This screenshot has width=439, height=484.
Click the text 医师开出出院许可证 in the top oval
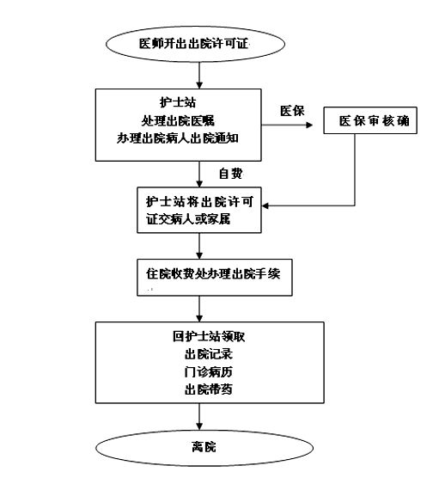point(194,44)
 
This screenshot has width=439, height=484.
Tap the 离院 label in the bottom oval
point(204,447)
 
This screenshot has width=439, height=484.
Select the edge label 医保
point(292,111)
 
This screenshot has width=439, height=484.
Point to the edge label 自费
point(230,174)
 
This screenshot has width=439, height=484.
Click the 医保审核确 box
point(370,120)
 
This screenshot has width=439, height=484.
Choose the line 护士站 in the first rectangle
point(178,102)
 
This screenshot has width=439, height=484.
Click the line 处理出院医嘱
point(178,120)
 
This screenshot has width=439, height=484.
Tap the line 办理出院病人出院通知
point(178,138)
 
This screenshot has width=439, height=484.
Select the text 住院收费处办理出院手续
point(213,273)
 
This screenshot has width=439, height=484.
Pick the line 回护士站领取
point(209,336)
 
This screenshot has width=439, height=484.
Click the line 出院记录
point(209,354)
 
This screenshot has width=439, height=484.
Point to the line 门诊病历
point(209,372)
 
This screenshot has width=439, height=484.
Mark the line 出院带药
point(209,389)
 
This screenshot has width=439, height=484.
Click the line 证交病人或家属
point(188,219)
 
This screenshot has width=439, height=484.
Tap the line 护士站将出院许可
point(199,202)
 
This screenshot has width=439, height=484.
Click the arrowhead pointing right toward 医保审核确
point(309,125)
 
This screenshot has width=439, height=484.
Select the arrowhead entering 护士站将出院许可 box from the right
point(265,205)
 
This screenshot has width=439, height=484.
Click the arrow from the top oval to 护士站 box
point(199,75)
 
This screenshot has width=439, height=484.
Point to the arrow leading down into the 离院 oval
point(199,416)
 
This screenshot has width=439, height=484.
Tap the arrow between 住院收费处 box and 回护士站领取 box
point(199,309)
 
